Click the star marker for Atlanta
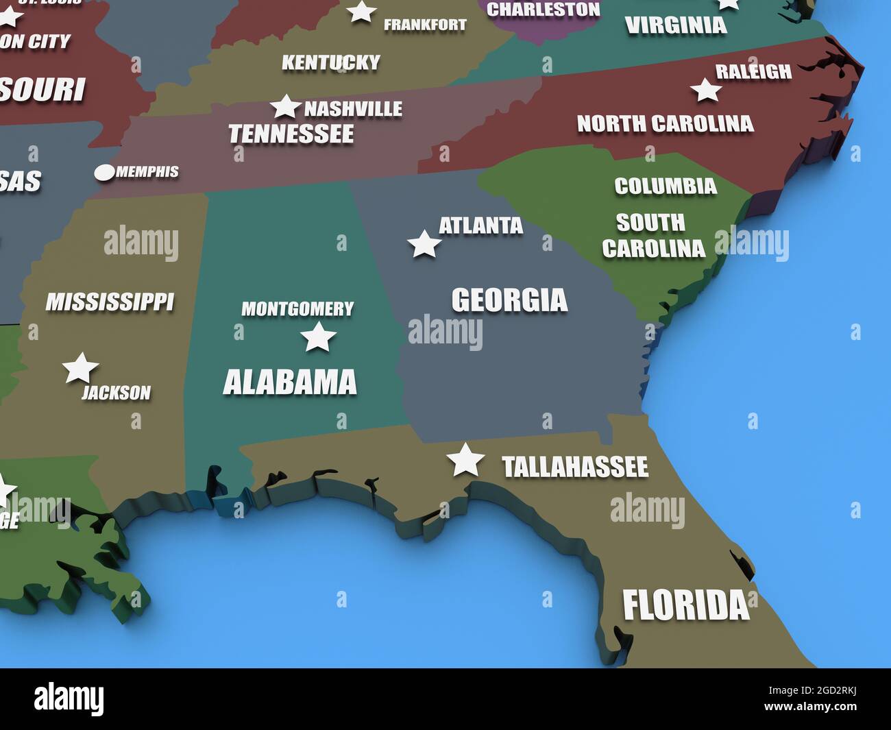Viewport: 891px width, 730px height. click(x=424, y=244)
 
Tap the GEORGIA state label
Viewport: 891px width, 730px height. click(x=509, y=300)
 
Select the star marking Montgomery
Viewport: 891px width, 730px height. click(x=318, y=337)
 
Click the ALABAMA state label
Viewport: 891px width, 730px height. click(x=290, y=382)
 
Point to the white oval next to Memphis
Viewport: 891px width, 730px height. click(x=104, y=173)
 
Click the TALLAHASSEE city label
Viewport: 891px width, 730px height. click(x=574, y=467)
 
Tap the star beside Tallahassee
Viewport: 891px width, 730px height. click(x=465, y=460)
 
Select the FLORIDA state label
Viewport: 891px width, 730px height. click(x=685, y=606)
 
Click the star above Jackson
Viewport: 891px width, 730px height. click(x=81, y=368)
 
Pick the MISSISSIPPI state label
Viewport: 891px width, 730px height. click(x=110, y=302)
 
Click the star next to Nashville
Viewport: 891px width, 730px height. click(x=285, y=107)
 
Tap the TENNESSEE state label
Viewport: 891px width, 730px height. click(x=291, y=134)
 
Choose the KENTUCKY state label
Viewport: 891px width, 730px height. click(x=330, y=63)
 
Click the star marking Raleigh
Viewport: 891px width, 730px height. click(x=705, y=90)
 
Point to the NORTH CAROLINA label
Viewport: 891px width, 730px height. click(x=665, y=124)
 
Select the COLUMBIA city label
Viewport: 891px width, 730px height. click(x=665, y=186)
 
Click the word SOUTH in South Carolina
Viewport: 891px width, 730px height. click(x=650, y=223)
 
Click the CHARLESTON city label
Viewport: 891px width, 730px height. click(x=543, y=10)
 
